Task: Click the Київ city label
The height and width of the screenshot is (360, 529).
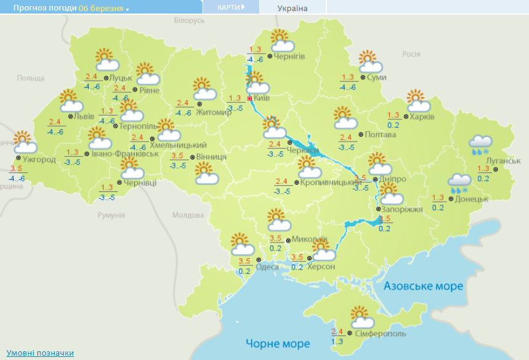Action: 261,98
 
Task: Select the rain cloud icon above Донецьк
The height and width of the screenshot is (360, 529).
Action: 459,183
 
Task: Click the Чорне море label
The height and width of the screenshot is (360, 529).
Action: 277,343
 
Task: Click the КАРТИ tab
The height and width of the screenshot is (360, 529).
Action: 231,7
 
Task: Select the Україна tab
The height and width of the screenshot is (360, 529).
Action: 293,8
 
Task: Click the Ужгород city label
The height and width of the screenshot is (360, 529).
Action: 39,159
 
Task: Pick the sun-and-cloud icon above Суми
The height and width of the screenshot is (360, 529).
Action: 369,61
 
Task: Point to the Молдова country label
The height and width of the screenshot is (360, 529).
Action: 188,215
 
